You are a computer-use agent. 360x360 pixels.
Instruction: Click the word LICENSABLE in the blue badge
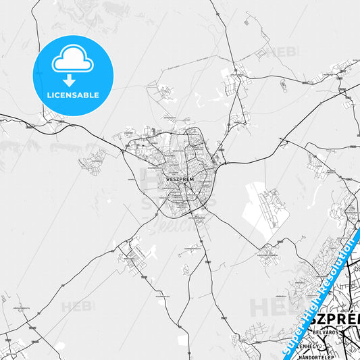coord(73,95)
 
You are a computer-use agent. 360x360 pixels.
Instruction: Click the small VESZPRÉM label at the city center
coord(179,179)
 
